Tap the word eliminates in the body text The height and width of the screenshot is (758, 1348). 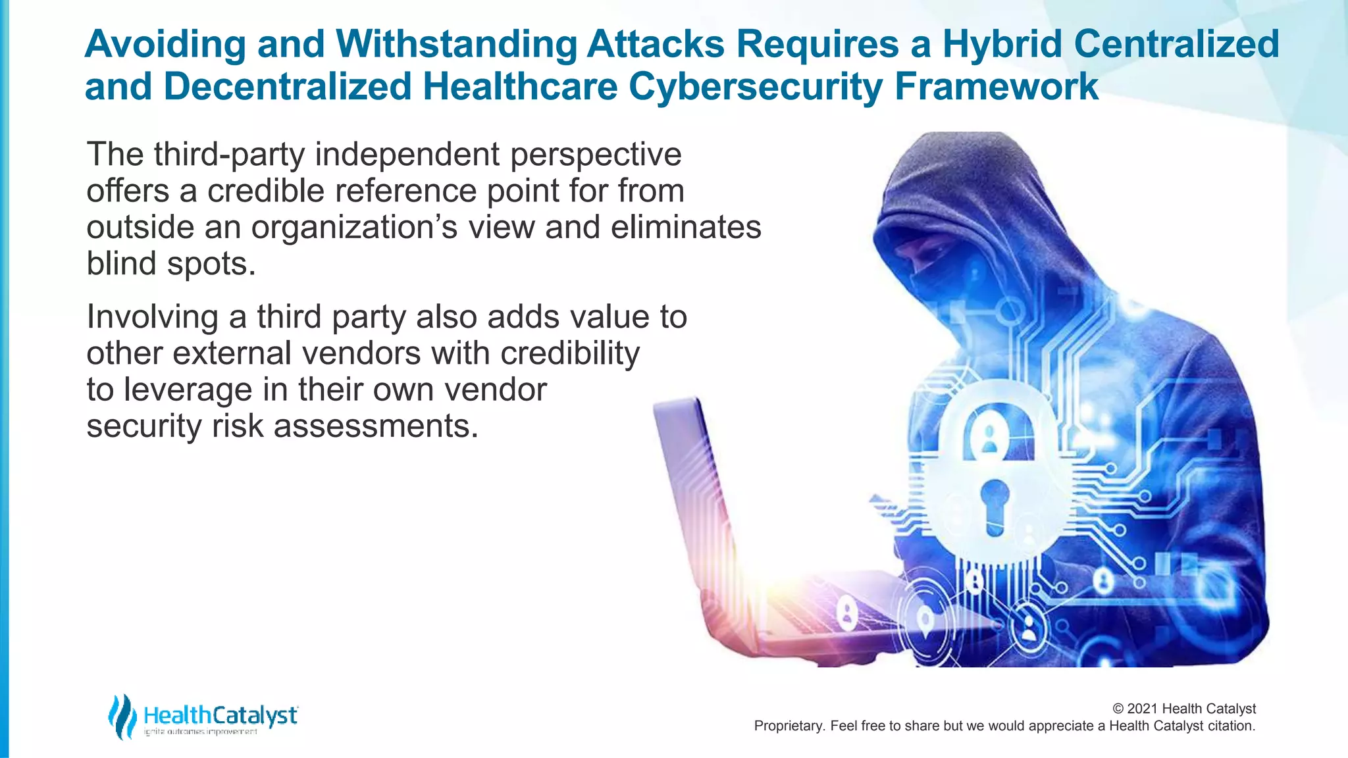tap(686, 228)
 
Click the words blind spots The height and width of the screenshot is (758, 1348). tap(170, 264)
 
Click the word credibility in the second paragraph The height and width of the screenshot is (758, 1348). tap(570, 354)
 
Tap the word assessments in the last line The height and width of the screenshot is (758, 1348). tap(375, 426)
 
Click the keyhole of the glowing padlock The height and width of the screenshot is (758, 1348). tap(994, 504)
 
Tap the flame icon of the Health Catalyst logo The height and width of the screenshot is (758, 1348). tap(122, 717)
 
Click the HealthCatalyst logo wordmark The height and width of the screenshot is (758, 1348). tap(220, 715)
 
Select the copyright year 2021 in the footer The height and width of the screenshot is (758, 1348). tap(1143, 709)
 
